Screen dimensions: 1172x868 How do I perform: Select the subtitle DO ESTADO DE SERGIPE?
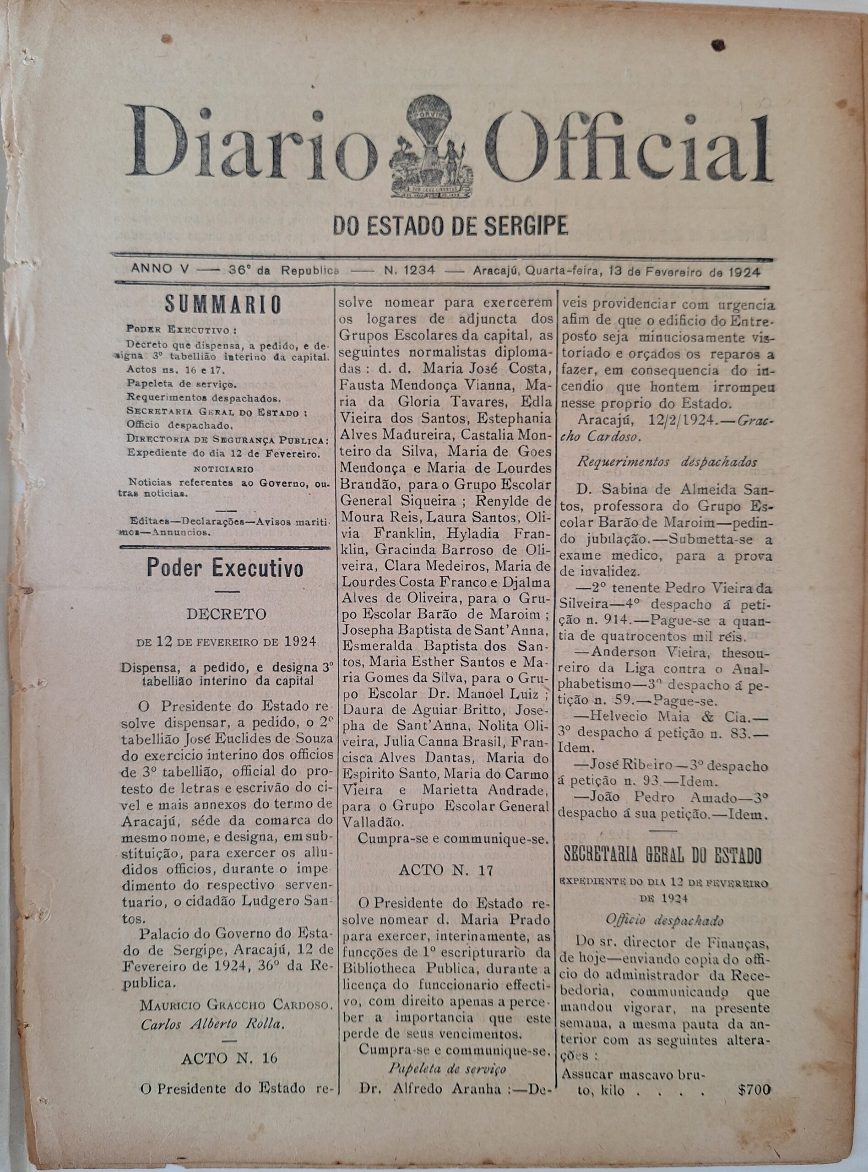pos(450,225)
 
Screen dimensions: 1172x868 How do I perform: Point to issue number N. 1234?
pos(409,271)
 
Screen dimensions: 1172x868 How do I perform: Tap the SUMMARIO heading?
pos(224,305)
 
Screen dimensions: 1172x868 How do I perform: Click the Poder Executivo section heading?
pos(225,568)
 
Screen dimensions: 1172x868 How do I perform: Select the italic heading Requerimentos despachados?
pos(667,462)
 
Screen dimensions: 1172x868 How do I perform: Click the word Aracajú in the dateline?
pos(495,271)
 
